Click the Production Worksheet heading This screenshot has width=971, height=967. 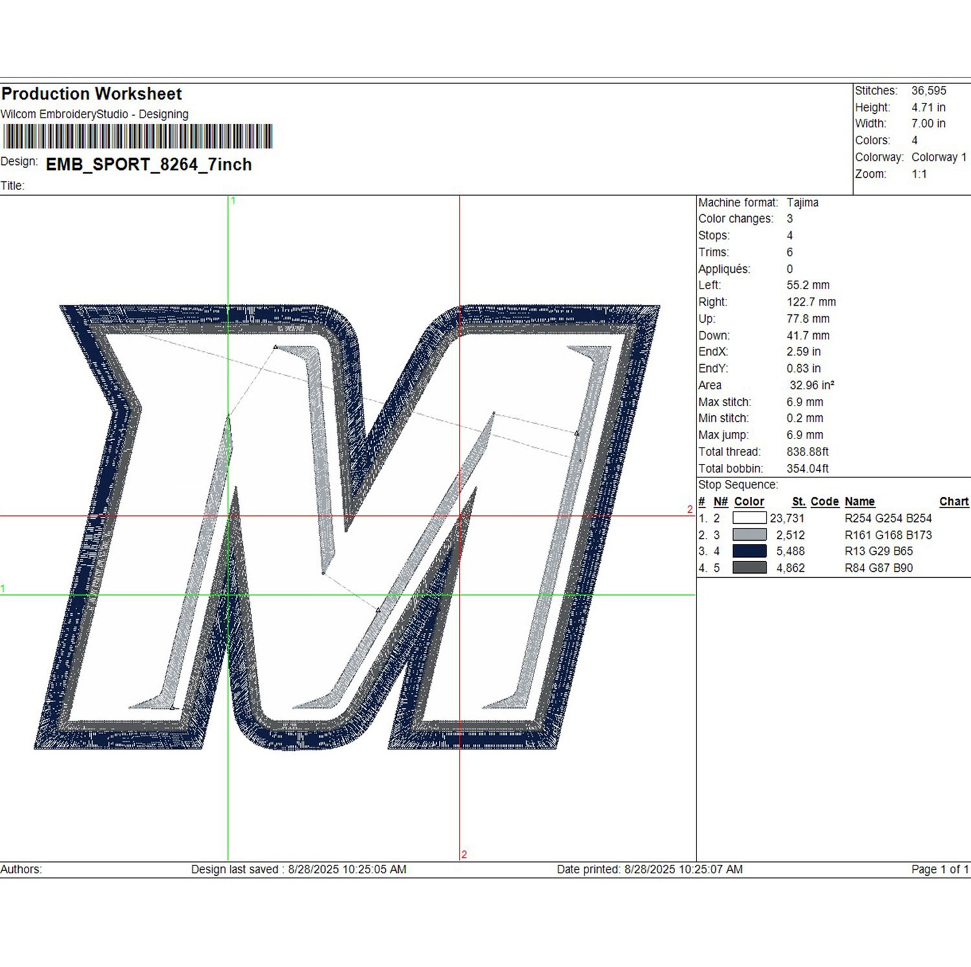coord(92,94)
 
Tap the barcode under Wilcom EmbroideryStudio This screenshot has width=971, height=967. coord(137,136)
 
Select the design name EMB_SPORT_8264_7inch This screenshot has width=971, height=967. coord(149,165)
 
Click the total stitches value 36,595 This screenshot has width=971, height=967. coord(929,91)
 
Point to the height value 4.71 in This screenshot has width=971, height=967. coord(928,107)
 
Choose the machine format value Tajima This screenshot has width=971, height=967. coord(803,203)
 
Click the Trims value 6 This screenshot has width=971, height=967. coord(790,252)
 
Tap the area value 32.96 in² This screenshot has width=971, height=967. coord(812,386)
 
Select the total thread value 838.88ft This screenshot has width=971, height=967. coord(807,451)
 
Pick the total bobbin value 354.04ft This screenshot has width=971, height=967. coord(807,468)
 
